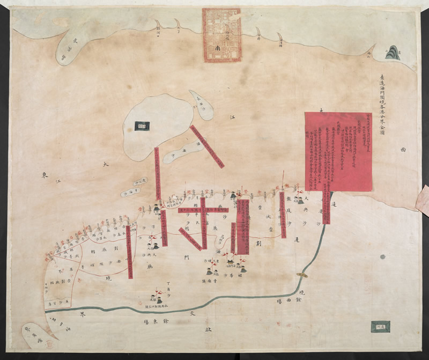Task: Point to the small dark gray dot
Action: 382,256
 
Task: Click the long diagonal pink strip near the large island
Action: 206,146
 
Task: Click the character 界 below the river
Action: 83,315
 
